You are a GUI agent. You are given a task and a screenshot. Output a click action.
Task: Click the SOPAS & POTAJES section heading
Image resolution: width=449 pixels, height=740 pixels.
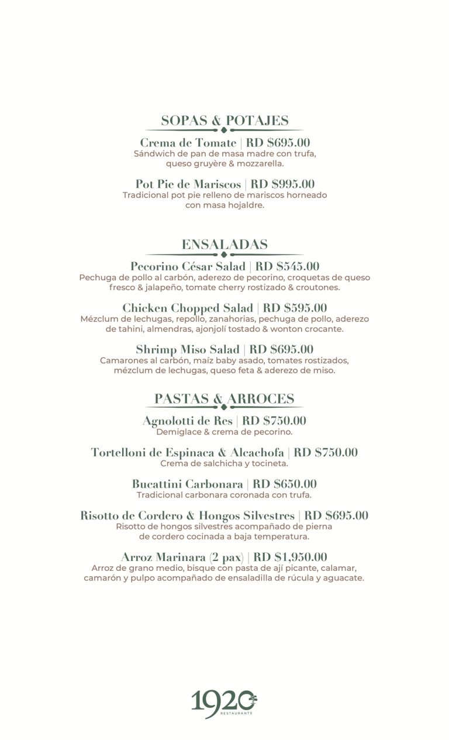(224, 121)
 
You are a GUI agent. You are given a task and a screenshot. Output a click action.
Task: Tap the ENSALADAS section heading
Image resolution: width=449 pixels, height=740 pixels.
(224, 244)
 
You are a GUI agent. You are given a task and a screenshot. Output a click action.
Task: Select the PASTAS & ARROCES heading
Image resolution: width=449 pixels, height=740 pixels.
(224, 398)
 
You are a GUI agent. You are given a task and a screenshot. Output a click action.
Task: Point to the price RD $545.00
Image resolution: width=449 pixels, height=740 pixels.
(287, 267)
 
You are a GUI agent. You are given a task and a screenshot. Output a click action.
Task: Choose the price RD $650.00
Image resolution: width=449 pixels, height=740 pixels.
(285, 484)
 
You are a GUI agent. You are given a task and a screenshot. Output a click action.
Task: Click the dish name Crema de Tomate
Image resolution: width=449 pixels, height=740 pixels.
(188, 143)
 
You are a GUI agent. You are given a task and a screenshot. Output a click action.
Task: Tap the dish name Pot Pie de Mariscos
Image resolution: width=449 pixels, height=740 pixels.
(188, 184)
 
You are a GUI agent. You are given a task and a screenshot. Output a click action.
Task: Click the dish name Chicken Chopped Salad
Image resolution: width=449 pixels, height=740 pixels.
(188, 308)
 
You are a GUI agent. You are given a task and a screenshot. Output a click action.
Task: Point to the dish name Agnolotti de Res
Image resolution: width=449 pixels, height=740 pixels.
(187, 421)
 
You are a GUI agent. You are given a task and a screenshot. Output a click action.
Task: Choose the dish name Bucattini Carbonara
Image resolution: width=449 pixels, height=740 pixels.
(187, 484)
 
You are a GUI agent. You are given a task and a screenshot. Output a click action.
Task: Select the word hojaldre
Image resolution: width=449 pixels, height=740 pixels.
(245, 205)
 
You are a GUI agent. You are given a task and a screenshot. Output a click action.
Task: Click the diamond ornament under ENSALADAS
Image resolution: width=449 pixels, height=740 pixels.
(224, 254)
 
